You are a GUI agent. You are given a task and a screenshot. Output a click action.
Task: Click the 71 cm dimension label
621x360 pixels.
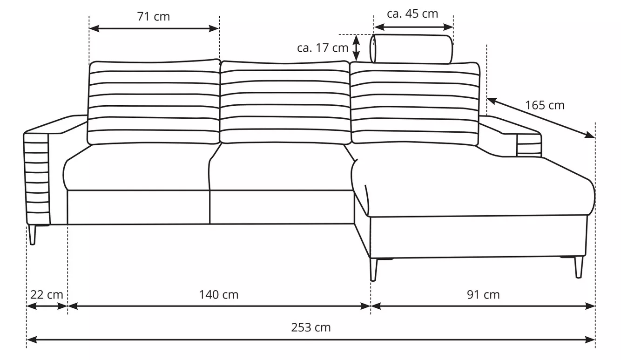tap(153, 17)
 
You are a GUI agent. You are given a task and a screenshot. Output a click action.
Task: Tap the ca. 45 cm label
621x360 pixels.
tap(412, 14)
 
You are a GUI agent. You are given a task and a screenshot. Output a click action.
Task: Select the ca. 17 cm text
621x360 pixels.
tap(323, 48)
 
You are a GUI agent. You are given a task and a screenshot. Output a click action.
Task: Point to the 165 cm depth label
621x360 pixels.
tap(545, 105)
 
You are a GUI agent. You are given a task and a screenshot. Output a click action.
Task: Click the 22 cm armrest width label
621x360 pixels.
tap(47, 294)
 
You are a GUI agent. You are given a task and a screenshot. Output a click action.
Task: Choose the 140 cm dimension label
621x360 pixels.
tap(219, 294)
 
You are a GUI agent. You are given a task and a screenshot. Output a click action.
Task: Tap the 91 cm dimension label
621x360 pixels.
tap(483, 294)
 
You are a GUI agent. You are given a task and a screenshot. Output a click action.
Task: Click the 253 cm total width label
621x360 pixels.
tap(311, 327)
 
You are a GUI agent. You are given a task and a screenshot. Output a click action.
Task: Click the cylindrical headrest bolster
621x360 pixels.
tap(411, 49)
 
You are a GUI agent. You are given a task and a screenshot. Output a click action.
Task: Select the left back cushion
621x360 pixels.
tap(154, 102)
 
